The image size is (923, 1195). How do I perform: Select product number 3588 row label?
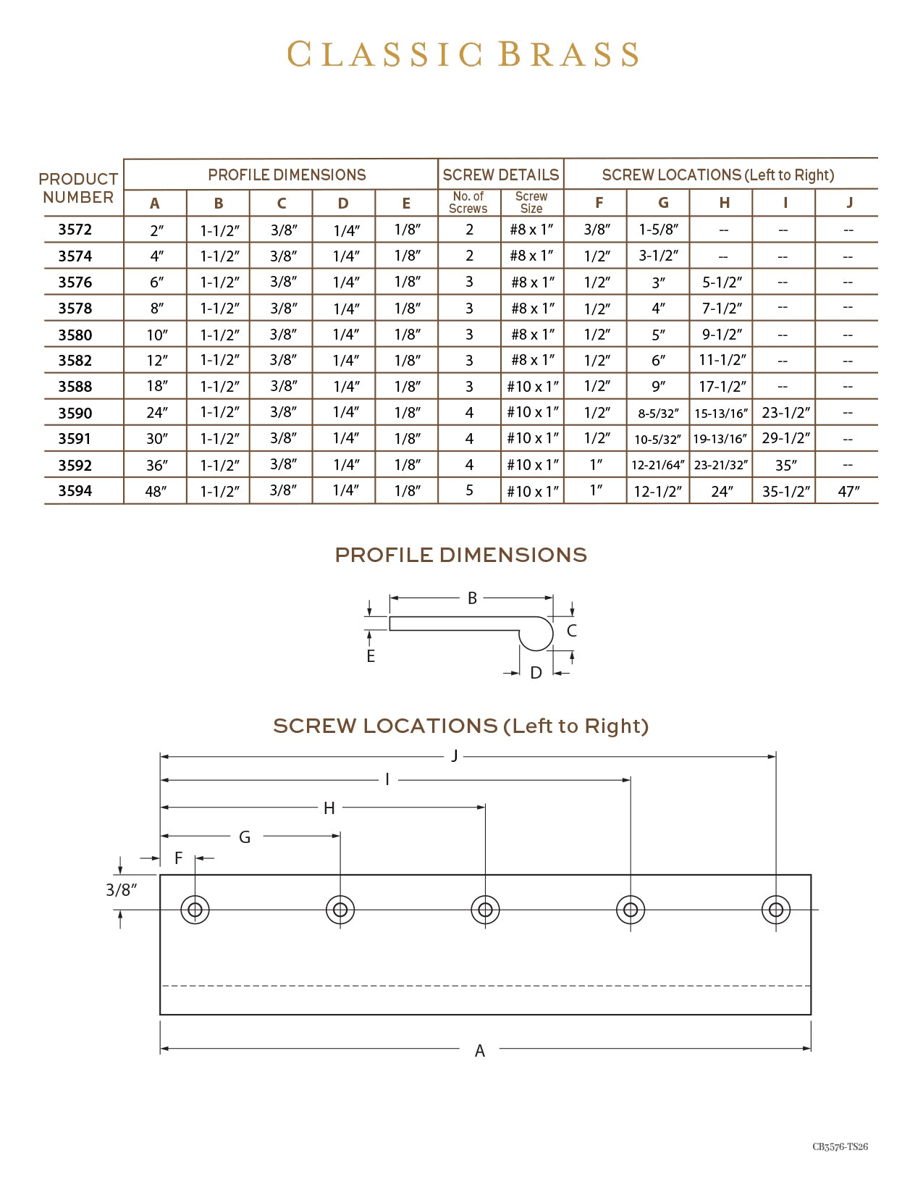[75, 387]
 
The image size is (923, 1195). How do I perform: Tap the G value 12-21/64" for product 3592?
[657, 465]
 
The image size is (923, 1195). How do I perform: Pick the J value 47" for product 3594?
[848, 491]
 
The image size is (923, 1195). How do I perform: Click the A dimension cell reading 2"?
[156, 230]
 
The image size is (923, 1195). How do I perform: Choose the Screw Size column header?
[531, 203]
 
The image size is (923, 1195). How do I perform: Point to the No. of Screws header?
[468, 203]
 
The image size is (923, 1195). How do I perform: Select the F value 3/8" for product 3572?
[597, 230]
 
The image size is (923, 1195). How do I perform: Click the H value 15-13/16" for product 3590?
[720, 414]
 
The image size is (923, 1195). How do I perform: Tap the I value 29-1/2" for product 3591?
[785, 439]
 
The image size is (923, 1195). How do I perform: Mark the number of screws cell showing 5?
[469, 491]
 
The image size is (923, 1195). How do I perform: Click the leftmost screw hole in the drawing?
[195, 910]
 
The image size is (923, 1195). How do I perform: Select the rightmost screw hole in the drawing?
[776, 910]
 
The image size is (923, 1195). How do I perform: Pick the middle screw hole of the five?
[485, 910]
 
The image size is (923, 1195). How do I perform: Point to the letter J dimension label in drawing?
[455, 756]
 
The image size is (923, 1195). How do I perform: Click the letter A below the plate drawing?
[479, 1051]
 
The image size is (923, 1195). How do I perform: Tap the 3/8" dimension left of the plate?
[121, 890]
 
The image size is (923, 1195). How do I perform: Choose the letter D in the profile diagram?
[536, 673]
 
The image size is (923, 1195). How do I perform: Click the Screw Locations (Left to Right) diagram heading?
[461, 726]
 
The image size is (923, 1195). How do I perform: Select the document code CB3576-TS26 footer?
[840, 1146]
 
